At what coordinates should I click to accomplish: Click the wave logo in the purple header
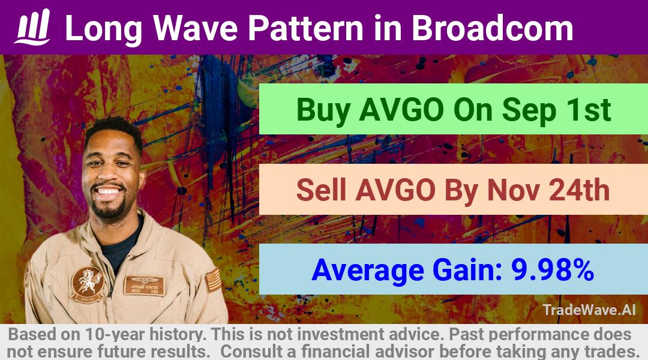pyautogui.click(x=32, y=27)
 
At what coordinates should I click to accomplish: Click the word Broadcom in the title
pyautogui.click(x=492, y=28)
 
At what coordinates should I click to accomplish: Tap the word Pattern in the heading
pyautogui.click(x=305, y=28)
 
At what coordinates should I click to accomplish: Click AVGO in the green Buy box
pyautogui.click(x=401, y=110)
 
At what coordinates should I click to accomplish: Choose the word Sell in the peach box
pyautogui.click(x=321, y=190)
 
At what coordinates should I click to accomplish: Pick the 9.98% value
pyautogui.click(x=553, y=269)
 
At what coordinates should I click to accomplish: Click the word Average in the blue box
pyautogui.click(x=368, y=271)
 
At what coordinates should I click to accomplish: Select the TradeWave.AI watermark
pyautogui.click(x=589, y=310)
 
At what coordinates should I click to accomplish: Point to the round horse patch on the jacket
pyautogui.click(x=87, y=284)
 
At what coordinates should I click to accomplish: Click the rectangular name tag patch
pyautogui.click(x=145, y=285)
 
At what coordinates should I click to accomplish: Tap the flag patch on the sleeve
pyautogui.click(x=213, y=280)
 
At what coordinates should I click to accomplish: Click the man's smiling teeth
pyautogui.click(x=108, y=191)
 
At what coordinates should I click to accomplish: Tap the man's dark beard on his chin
pyautogui.click(x=109, y=210)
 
